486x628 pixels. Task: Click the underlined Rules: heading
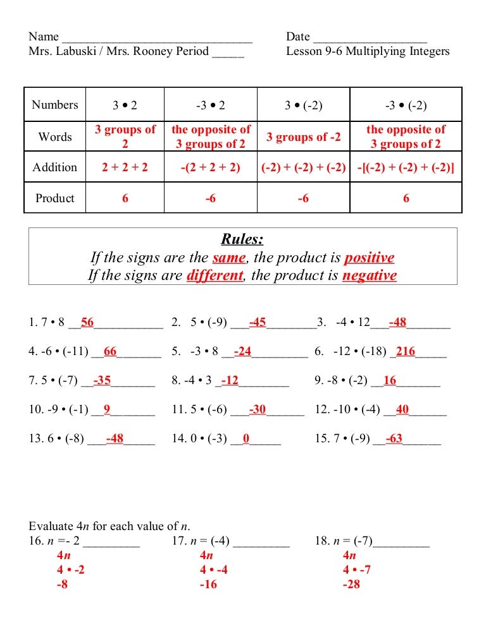click(x=242, y=239)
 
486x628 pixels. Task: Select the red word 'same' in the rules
click(x=228, y=258)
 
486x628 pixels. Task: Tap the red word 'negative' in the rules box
click(x=370, y=275)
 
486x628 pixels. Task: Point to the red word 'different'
click(x=215, y=275)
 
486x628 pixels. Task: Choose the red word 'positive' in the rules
click(x=369, y=258)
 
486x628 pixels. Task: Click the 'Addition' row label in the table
click(x=55, y=167)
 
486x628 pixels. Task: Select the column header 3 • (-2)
click(x=303, y=105)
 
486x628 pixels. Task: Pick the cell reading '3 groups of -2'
click(x=303, y=137)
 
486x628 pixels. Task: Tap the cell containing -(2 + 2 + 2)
click(x=211, y=167)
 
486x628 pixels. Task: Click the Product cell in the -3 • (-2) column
click(x=406, y=198)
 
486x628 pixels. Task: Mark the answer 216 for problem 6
click(x=406, y=352)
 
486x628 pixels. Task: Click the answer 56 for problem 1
click(x=87, y=323)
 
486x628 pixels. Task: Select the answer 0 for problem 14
click(x=246, y=438)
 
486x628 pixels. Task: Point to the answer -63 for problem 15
click(x=394, y=438)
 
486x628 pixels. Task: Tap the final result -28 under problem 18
click(x=351, y=584)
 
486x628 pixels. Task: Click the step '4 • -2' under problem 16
click(x=71, y=570)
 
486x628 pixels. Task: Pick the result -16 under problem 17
click(x=208, y=584)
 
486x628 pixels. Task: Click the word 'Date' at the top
click(x=297, y=37)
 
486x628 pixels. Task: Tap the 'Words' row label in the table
click(x=55, y=137)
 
